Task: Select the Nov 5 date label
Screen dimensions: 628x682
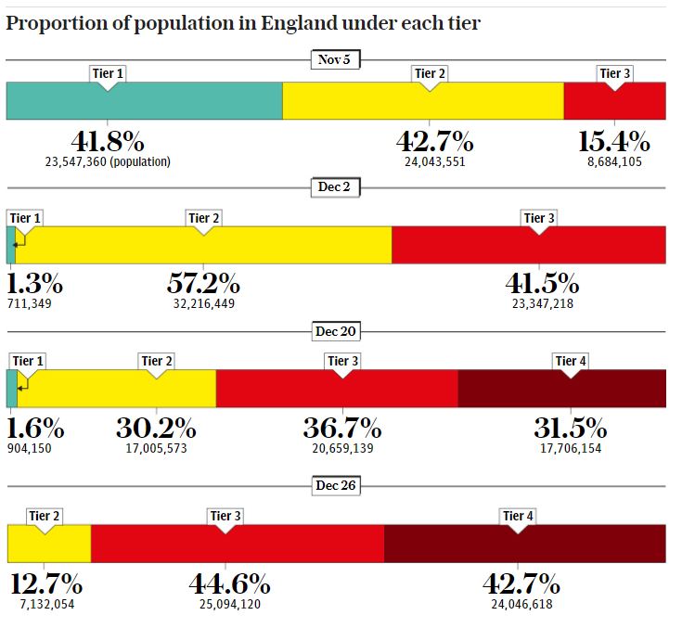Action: [x=335, y=60]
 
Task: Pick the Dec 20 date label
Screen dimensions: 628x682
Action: [x=335, y=331]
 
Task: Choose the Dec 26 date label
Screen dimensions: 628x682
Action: [x=335, y=485]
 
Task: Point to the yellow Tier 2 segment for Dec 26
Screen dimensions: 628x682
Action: [x=48, y=544]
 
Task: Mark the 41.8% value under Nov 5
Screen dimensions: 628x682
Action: [x=108, y=142]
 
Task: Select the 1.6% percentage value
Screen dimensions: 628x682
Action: [x=36, y=429]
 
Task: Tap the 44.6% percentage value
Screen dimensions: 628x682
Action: [x=229, y=585]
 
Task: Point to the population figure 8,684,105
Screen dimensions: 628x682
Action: [x=614, y=161]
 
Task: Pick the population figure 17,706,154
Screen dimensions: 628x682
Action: [x=570, y=447]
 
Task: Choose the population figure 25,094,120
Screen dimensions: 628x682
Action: [x=229, y=604]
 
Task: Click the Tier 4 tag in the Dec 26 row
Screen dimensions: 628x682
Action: [x=518, y=516]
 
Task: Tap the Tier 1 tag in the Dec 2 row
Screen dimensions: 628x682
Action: [x=25, y=218]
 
